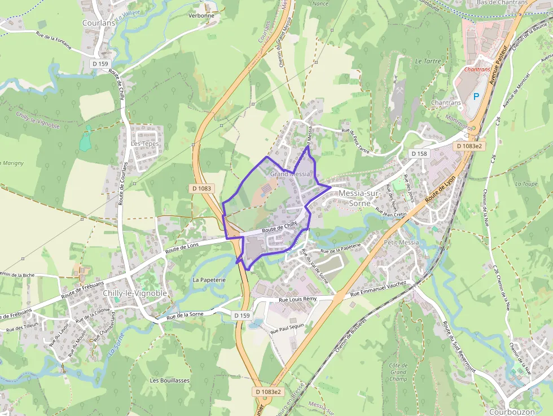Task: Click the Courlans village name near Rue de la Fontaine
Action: [x=99, y=24]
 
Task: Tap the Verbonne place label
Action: [x=201, y=16]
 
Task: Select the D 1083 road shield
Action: [x=201, y=189]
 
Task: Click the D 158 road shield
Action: [x=419, y=154]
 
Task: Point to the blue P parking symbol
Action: [x=476, y=97]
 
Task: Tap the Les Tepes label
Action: [x=145, y=144]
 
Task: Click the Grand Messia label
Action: [x=290, y=174]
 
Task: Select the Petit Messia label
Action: [x=401, y=243]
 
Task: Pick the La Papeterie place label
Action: [x=209, y=279]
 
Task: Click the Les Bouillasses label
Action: [x=170, y=380]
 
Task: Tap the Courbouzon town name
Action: [x=512, y=412]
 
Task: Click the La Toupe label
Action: [x=526, y=184]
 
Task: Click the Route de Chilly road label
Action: [x=279, y=227]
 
